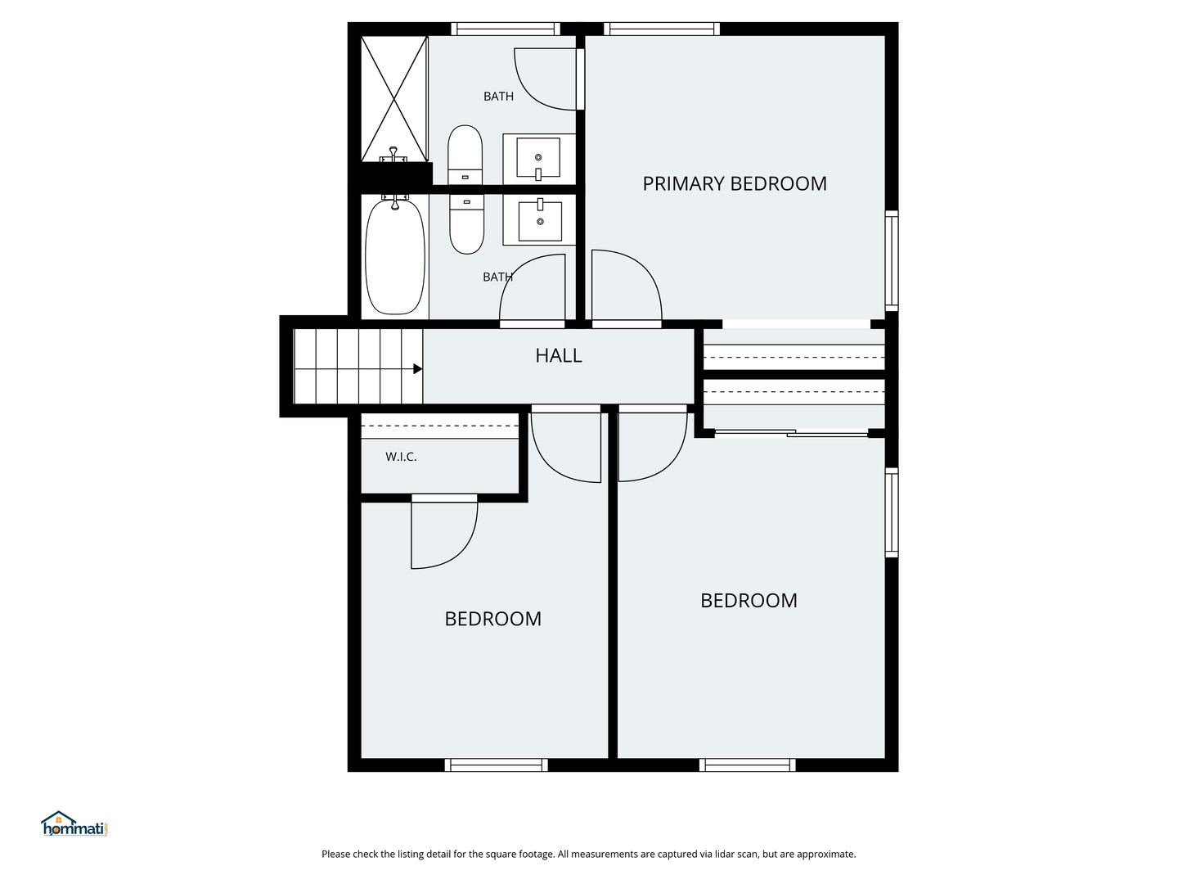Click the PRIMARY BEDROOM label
tap(734, 183)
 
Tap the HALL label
tap(559, 355)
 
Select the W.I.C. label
tap(401, 457)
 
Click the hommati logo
tap(74, 824)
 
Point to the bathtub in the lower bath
tap(395, 255)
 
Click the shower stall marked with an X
tap(395, 98)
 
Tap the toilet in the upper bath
tap(465, 155)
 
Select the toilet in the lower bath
tap(466, 223)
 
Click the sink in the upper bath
tap(538, 158)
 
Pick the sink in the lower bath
tap(540, 221)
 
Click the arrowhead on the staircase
tap(417, 369)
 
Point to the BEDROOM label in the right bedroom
tap(749, 601)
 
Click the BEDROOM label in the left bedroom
tap(492, 619)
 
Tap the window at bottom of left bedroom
tap(497, 765)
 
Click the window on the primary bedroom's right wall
tap(892, 260)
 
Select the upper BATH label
tap(498, 97)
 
